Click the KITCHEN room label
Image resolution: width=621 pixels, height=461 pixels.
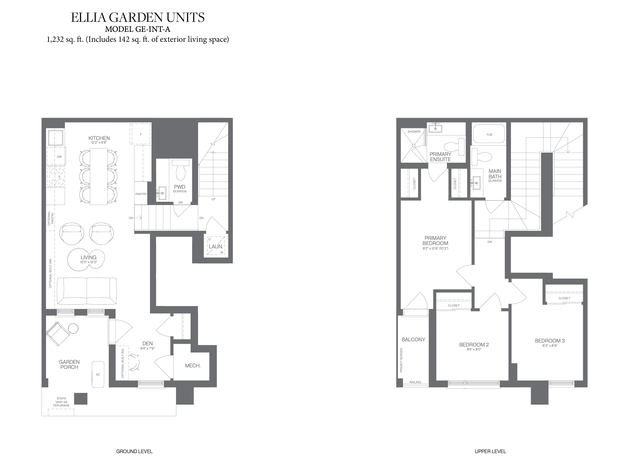99,138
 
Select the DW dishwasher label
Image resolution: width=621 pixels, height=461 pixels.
59,157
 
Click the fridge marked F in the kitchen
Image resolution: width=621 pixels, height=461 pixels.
141,134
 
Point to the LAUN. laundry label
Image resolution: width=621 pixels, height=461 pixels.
216,247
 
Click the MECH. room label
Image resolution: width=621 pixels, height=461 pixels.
193,366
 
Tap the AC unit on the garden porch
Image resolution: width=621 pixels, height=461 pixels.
98,374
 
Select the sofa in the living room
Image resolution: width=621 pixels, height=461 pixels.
87,291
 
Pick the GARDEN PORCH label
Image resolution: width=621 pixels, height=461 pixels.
69,364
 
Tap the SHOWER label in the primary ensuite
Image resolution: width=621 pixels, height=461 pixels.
414,132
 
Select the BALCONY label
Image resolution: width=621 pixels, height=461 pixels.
413,340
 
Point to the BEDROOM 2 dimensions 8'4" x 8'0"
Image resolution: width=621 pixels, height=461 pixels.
474,349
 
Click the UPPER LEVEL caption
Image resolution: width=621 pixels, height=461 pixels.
490,451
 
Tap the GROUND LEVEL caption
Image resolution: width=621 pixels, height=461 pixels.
134,451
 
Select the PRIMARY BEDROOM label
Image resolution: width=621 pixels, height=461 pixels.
435,240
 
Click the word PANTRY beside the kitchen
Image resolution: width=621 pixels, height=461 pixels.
141,194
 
